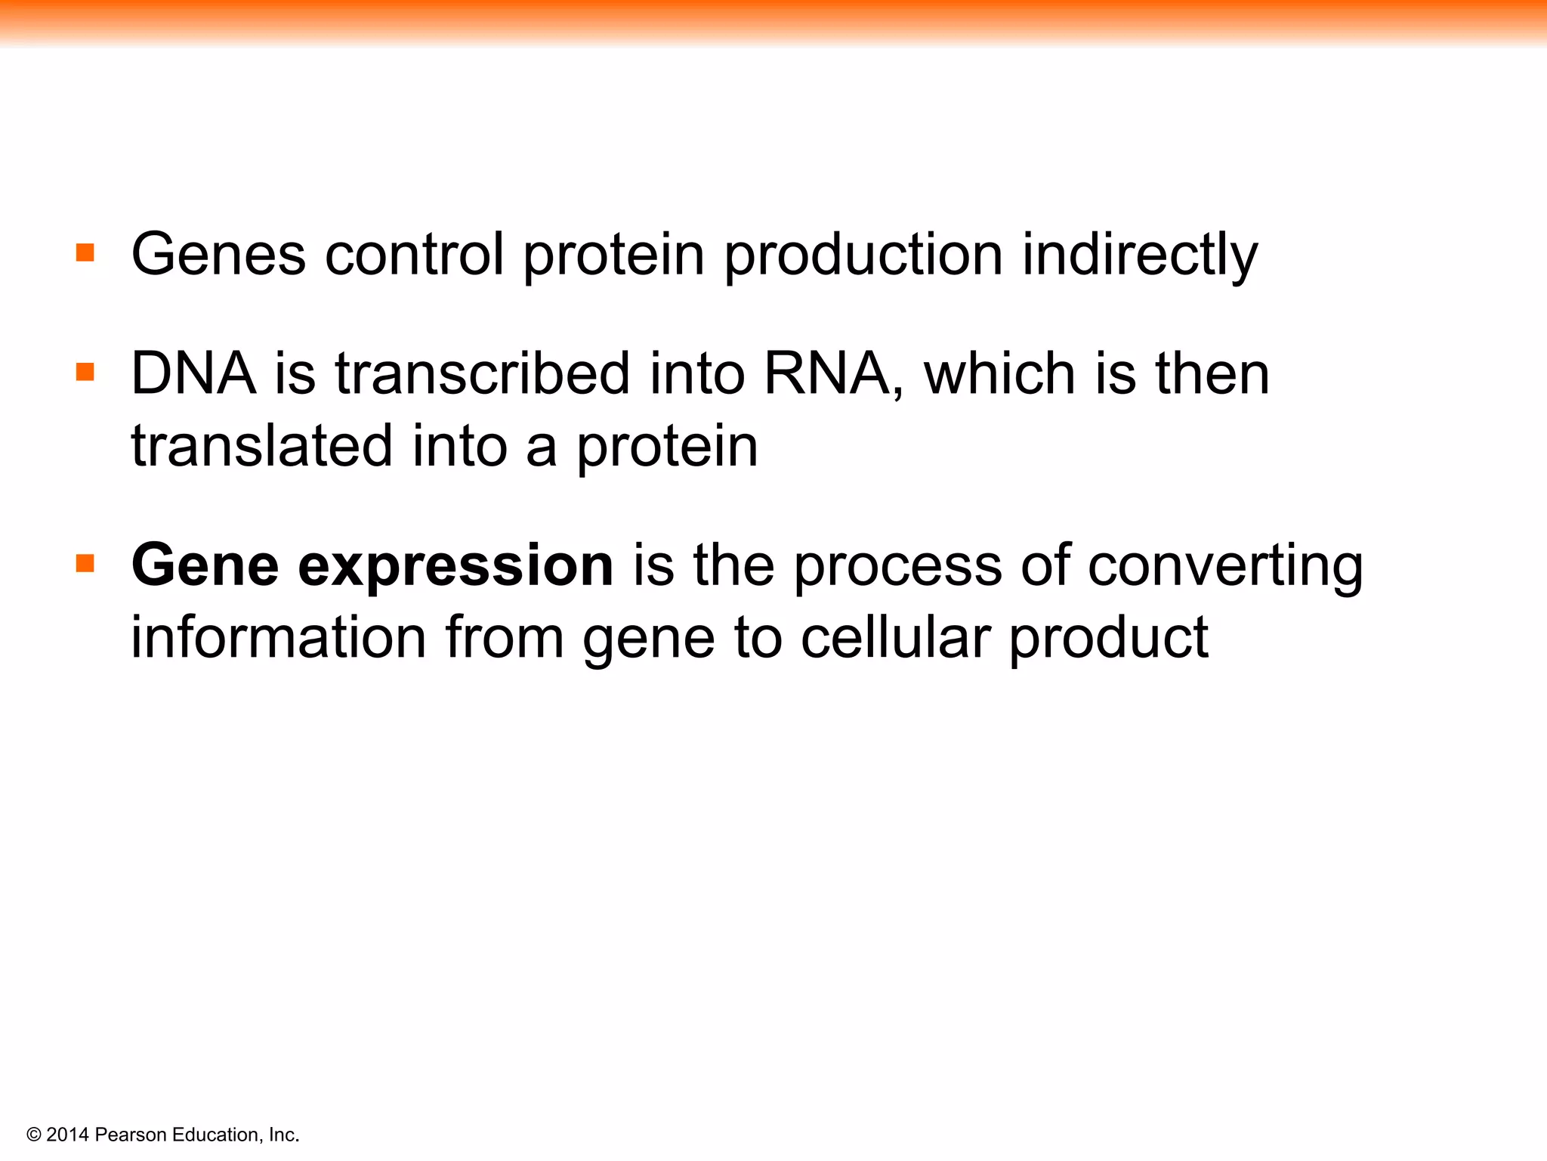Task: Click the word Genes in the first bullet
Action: tap(218, 255)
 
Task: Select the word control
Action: tap(414, 255)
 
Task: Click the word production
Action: tap(863, 255)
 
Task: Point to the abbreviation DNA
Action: tap(193, 373)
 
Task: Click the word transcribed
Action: tap(483, 373)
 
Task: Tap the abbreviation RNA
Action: tap(826, 373)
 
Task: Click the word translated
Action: tap(261, 446)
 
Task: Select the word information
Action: tap(279, 638)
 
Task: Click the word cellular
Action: tap(895, 638)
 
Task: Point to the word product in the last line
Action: tap(1108, 638)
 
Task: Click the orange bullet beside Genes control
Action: tap(85, 252)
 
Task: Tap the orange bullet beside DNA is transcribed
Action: tap(85, 372)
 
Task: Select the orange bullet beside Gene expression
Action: tap(85, 564)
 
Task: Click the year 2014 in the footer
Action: tap(67, 1135)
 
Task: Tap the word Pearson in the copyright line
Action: tap(131, 1135)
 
